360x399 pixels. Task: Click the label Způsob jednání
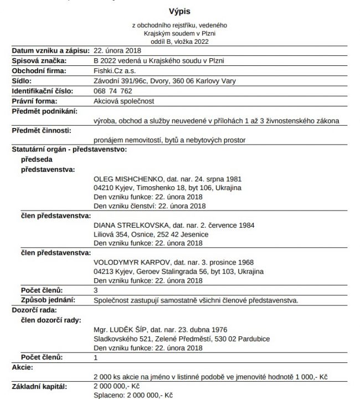click(47, 300)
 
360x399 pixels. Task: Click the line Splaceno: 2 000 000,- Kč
click(133, 395)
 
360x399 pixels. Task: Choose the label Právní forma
click(35, 101)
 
